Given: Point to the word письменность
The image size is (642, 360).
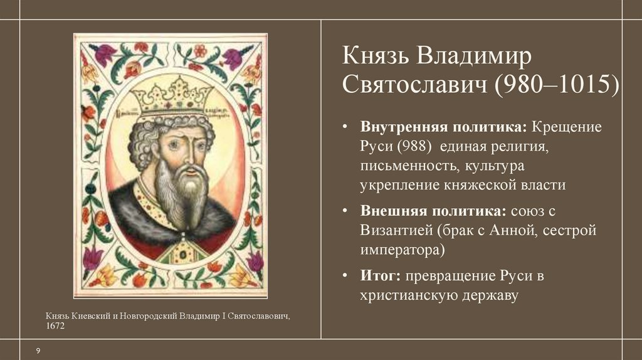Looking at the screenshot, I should [408, 166].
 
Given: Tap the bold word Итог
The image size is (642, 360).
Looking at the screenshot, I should [380, 275].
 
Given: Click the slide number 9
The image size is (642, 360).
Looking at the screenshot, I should [38, 350].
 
